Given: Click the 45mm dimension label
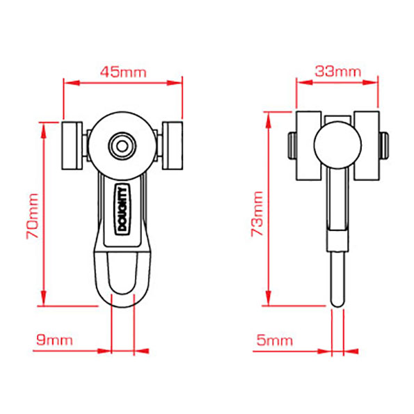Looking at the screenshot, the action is pyautogui.click(x=123, y=72).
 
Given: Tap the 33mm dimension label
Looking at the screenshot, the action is pyautogui.click(x=337, y=71).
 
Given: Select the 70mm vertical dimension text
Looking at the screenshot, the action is pyautogui.click(x=33, y=216).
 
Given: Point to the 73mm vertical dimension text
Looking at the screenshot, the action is pyautogui.click(x=257, y=214).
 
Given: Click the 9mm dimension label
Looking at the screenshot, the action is pyautogui.click(x=54, y=340).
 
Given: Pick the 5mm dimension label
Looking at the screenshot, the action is pyautogui.click(x=275, y=340).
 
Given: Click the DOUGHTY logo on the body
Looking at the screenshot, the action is pyautogui.click(x=122, y=209).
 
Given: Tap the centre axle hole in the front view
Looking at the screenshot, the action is pyautogui.click(x=122, y=146).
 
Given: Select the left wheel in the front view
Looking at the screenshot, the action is pyautogui.click(x=72, y=145).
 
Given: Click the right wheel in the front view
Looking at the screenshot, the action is pyautogui.click(x=173, y=145).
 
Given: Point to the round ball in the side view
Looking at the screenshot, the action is pyautogui.click(x=337, y=145).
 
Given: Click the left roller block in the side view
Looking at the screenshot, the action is pyautogui.click(x=308, y=145).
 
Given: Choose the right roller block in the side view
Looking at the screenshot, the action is pyautogui.click(x=367, y=145).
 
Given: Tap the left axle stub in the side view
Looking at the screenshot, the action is pyautogui.click(x=292, y=145).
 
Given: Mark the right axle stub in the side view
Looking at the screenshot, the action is pyautogui.click(x=383, y=145).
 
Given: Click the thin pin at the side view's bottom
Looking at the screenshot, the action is pyautogui.click(x=337, y=279).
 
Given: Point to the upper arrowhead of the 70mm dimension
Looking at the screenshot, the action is pyautogui.click(x=44, y=131).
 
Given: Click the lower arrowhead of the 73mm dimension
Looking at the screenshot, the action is pyautogui.click(x=269, y=298).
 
